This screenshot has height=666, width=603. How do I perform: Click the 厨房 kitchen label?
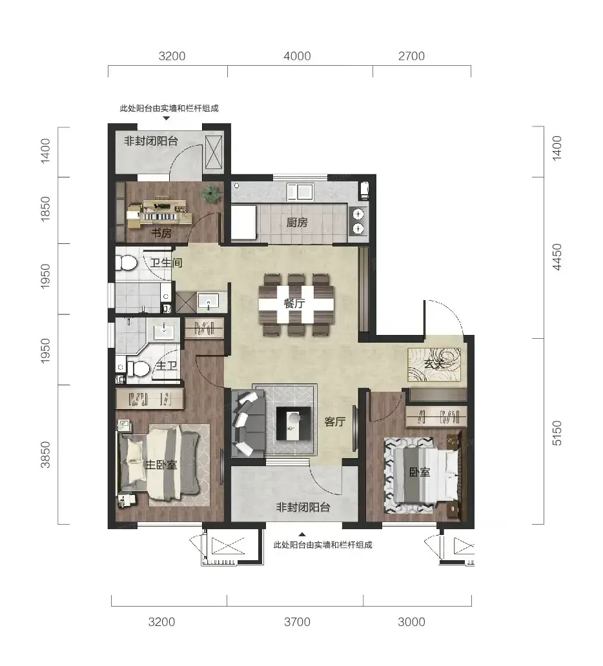pos(296,222)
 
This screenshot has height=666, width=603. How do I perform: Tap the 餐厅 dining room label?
pos(294,303)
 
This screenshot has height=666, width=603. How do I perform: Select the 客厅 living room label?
pos(335,421)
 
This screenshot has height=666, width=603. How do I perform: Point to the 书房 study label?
pos(161,233)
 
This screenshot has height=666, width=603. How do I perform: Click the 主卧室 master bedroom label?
pos(161,465)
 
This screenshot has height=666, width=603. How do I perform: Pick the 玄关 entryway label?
pos(434,363)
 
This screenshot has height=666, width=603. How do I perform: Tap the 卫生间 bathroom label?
pos(166,263)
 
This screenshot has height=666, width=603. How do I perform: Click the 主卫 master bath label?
pos(166,365)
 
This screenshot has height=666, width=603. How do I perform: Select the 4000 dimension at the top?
pos(297,56)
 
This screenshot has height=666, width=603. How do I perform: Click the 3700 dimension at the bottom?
pos(297,622)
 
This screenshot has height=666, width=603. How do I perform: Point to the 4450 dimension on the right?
pos(557,257)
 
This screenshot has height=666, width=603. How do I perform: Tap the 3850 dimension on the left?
pos(45,455)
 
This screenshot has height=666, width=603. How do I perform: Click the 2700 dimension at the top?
pos(411,56)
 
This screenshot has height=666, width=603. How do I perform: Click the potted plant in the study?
pos(211,194)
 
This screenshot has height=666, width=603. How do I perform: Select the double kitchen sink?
pos(300,192)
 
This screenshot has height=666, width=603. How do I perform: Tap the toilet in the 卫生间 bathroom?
pos(126,263)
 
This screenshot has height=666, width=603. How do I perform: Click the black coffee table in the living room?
pos(293,423)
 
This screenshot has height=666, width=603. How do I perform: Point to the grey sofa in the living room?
pos(248,424)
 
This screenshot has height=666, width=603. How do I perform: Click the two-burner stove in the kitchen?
pos(358,221)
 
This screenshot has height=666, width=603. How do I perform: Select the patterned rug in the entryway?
pos(434,365)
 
